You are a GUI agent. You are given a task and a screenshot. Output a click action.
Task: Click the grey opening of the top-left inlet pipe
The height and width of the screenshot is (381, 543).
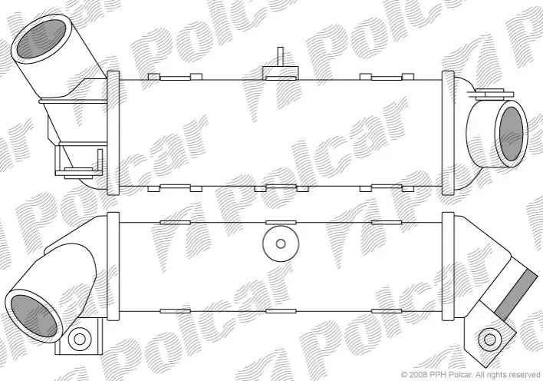click(x=41, y=38)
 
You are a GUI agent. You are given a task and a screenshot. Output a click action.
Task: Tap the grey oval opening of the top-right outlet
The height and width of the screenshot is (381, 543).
click(x=511, y=134)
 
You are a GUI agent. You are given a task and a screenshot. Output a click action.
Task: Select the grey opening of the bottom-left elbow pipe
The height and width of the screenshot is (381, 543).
click(x=34, y=316)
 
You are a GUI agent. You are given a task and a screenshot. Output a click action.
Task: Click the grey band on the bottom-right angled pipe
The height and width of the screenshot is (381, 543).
click(x=512, y=294)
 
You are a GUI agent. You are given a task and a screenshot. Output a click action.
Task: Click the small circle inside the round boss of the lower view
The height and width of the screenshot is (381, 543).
click(x=281, y=244)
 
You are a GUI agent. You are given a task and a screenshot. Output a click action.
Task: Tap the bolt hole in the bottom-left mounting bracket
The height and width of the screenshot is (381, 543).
click(x=79, y=339)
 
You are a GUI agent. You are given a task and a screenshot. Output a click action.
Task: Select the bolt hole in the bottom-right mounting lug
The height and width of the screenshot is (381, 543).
click(x=489, y=340)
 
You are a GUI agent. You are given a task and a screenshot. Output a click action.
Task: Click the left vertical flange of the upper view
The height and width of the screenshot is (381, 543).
click(x=114, y=133)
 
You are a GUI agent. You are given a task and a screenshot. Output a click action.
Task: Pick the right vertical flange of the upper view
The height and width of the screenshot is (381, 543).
click(x=448, y=133)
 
